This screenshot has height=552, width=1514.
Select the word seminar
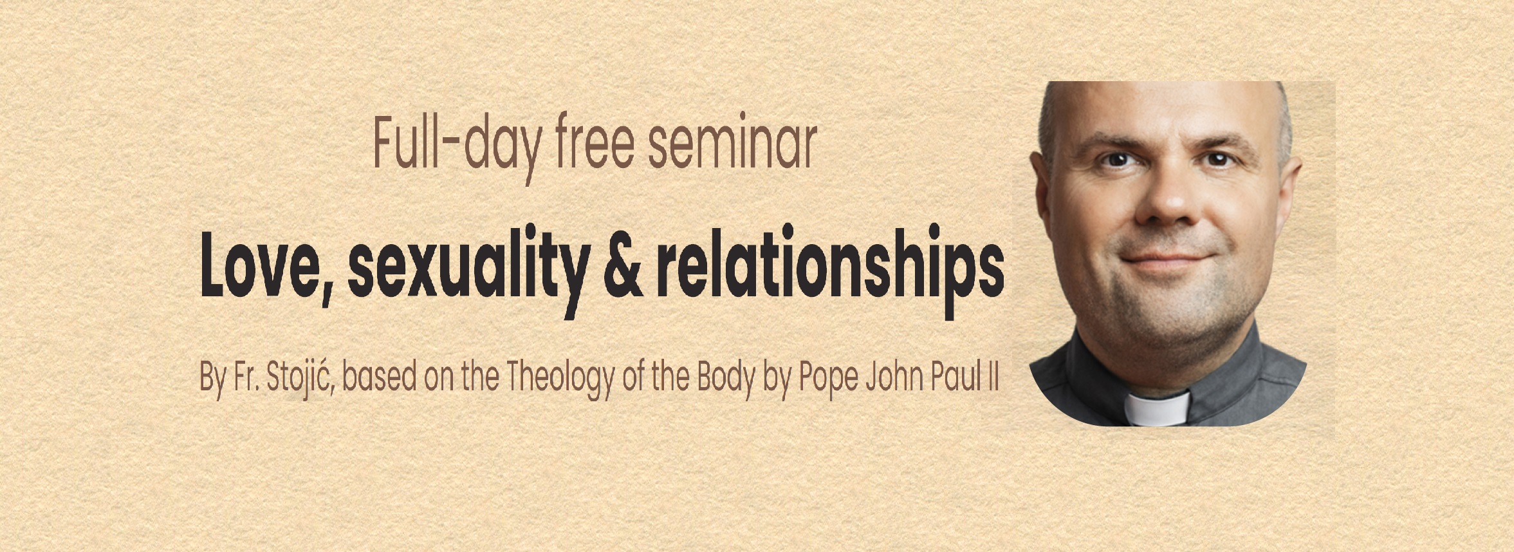tap(732, 142)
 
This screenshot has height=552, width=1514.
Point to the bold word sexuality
tap(468, 271)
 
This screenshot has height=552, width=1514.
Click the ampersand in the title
tap(623, 270)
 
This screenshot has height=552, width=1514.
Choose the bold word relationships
tap(830, 271)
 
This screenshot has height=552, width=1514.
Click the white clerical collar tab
tap(1156, 409)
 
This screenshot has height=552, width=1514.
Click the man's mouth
tap(1166, 261)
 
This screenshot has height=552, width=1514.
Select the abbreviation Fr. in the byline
tap(245, 377)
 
